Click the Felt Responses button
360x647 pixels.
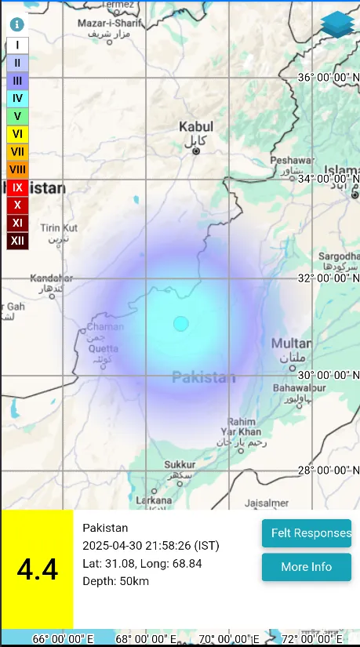tap(307, 533)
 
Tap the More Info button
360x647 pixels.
tap(307, 567)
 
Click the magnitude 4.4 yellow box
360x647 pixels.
tap(37, 569)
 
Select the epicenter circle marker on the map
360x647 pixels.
tap(181, 323)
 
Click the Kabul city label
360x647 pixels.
tap(196, 126)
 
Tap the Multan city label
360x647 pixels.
tap(291, 343)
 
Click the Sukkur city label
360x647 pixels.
tap(180, 465)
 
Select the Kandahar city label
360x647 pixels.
tap(52, 278)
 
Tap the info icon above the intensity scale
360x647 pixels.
tap(16, 25)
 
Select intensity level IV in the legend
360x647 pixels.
tap(17, 99)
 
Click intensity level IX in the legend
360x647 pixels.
tap(17, 187)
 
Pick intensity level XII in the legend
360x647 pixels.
tap(17, 241)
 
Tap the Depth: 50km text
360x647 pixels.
tap(115, 581)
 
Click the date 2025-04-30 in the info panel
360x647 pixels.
tap(114, 546)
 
